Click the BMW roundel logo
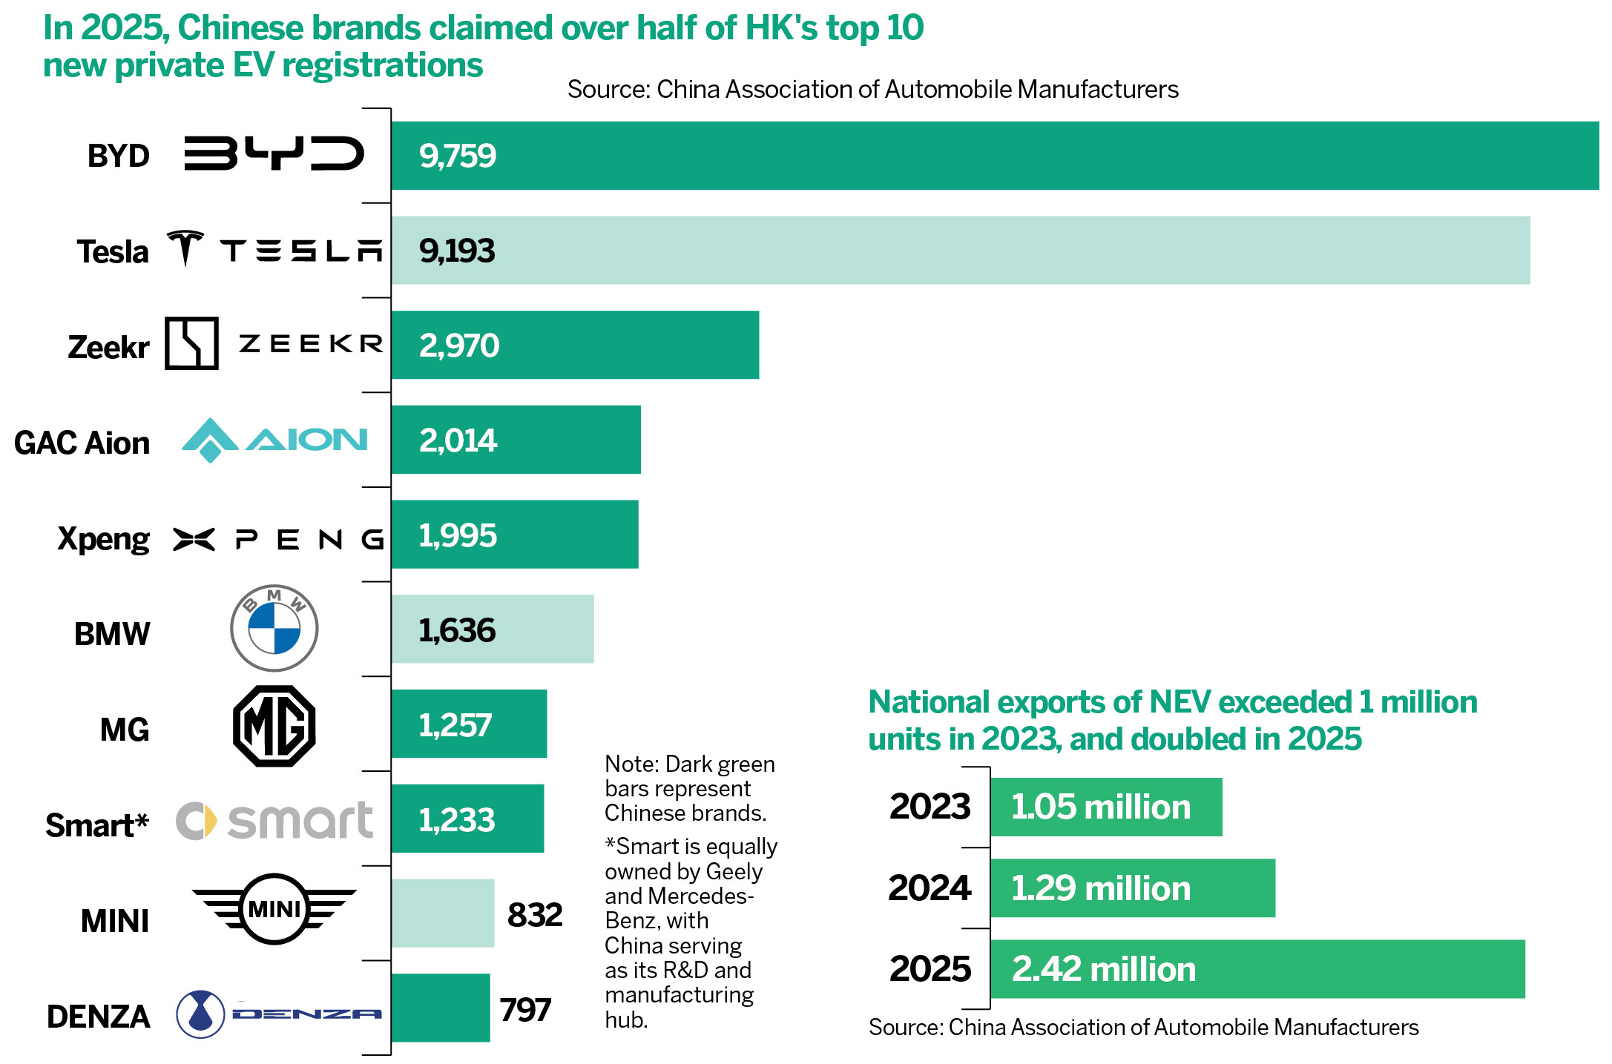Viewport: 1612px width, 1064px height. [274, 628]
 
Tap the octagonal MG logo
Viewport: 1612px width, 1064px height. [274, 726]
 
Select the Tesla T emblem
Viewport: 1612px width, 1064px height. [185, 248]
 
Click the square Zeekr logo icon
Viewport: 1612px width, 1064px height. [191, 343]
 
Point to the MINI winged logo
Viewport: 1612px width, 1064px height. [274, 909]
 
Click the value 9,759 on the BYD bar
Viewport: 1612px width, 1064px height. [457, 156]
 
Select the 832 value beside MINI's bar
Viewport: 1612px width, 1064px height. [534, 915]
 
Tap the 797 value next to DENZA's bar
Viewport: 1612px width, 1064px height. [525, 1010]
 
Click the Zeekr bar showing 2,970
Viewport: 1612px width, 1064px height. [575, 345]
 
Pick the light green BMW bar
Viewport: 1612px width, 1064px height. [493, 629]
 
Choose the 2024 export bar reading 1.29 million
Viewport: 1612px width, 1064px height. [1132, 888]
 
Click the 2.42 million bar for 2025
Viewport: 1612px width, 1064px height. [1257, 969]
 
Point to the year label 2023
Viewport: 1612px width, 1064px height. [930, 807]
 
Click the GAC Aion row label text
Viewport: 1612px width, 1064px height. [82, 443]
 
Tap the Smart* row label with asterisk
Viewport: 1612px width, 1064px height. [97, 825]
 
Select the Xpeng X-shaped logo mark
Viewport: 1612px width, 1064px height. [194, 539]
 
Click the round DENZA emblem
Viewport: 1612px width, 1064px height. [200, 1014]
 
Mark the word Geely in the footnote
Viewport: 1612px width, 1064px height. [734, 871]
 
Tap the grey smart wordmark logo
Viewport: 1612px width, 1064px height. [300, 821]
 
